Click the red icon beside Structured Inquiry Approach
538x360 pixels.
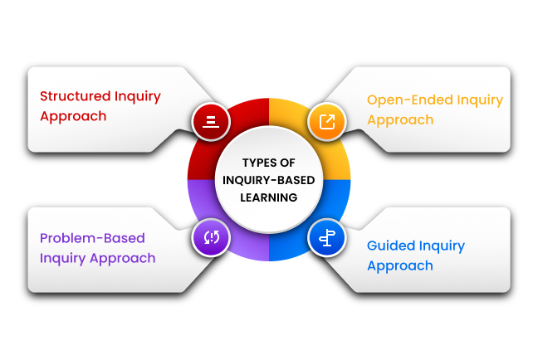click(x=211, y=121)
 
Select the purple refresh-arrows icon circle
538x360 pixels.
click(x=211, y=237)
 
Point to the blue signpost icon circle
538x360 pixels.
click(x=327, y=238)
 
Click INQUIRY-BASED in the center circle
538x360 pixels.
click(x=268, y=180)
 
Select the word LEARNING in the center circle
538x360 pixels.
click(x=268, y=197)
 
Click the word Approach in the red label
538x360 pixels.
click(x=73, y=115)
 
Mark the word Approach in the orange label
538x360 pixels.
click(x=400, y=120)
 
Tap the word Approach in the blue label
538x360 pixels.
click(x=400, y=266)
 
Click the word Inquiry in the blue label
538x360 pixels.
click(x=442, y=246)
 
